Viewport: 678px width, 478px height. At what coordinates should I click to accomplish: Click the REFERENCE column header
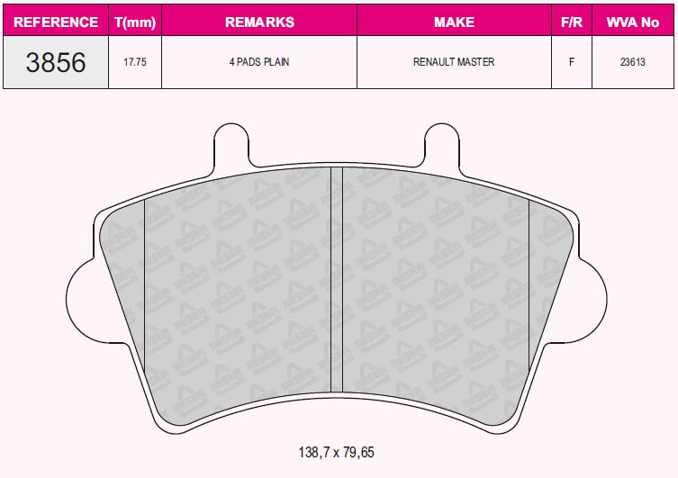56,22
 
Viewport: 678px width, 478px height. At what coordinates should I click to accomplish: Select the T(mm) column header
135,22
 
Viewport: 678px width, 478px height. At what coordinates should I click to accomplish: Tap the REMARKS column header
259,22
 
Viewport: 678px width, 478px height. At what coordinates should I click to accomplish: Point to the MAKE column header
454,22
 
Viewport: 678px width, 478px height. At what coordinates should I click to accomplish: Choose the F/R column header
572,22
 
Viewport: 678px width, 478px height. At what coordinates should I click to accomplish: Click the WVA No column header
633,22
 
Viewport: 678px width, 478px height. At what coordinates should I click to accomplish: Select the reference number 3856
56,62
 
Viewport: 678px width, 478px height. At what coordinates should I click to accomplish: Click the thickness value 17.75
135,62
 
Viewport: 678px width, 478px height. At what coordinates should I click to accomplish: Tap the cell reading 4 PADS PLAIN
259,62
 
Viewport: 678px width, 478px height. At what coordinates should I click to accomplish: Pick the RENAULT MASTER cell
454,62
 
